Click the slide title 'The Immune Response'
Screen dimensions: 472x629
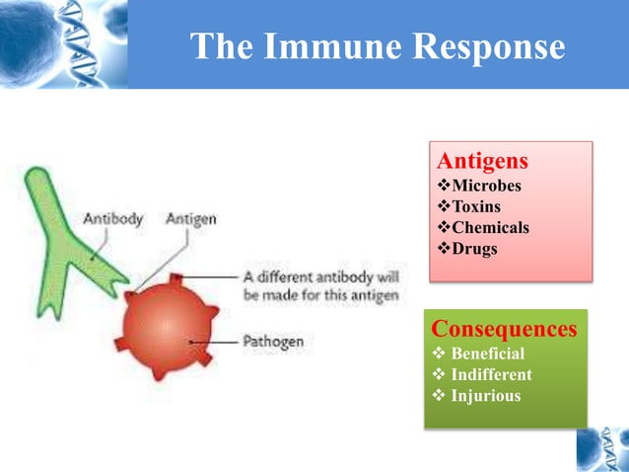pos(377,46)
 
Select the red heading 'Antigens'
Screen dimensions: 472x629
pos(482,161)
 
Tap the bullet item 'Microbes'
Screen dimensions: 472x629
pos(486,185)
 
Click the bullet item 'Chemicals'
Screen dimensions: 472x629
pos(490,228)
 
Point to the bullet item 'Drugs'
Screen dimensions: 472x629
pos(474,249)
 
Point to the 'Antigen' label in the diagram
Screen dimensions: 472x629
pos(192,218)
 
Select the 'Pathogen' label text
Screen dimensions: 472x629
pos(273,342)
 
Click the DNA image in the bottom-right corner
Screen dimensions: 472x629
pos(602,449)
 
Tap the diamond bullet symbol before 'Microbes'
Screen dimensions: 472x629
pos(443,185)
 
